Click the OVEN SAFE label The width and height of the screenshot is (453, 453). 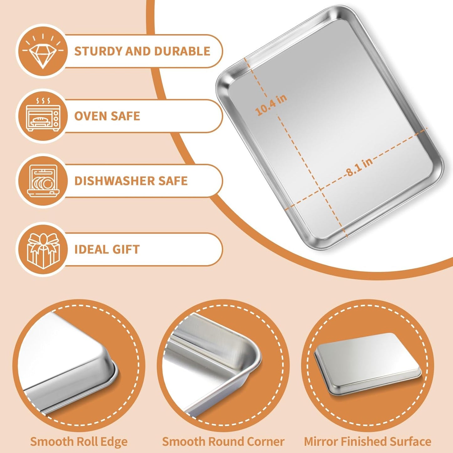107,116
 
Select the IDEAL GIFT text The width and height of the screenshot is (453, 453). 107,250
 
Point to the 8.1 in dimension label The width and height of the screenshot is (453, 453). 360,167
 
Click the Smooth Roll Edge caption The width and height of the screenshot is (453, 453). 79,442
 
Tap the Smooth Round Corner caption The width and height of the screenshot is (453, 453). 223,442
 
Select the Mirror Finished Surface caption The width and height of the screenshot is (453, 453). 367,442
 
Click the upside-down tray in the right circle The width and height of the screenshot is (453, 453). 367,364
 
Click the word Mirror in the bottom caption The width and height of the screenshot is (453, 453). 321,442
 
